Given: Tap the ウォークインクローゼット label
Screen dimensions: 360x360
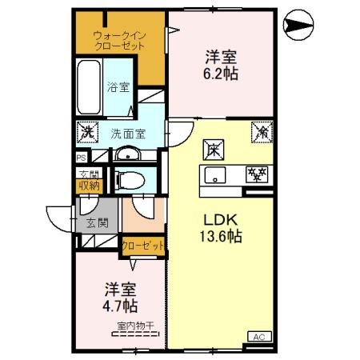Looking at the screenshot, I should [118, 41].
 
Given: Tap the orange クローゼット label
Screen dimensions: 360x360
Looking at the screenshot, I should [143, 246].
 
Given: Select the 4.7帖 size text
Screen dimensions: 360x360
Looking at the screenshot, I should [118, 306].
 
